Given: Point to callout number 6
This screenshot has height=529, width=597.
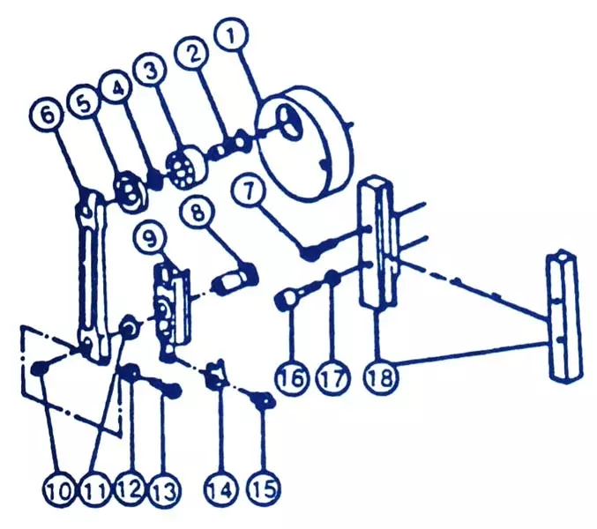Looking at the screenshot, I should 46,115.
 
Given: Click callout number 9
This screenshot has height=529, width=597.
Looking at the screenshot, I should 151,238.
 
